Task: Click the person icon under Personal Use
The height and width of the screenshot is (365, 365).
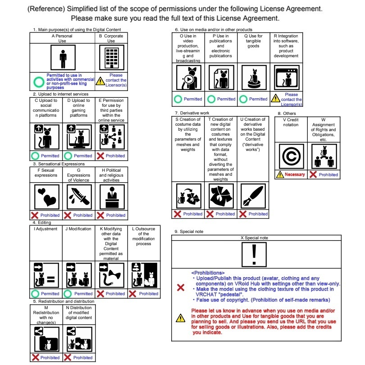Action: [x=63, y=58]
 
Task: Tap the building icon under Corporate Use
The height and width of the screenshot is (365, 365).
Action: [x=111, y=58]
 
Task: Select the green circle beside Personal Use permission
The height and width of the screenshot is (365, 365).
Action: [x=39, y=82]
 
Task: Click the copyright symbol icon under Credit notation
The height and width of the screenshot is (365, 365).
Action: [x=290, y=156]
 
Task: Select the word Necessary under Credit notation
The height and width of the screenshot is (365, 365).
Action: [x=295, y=174]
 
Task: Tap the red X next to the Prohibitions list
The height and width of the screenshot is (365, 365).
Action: [x=180, y=287]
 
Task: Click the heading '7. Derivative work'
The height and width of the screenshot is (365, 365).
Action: [x=192, y=113]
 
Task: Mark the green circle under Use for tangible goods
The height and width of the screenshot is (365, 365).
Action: [x=243, y=99]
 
